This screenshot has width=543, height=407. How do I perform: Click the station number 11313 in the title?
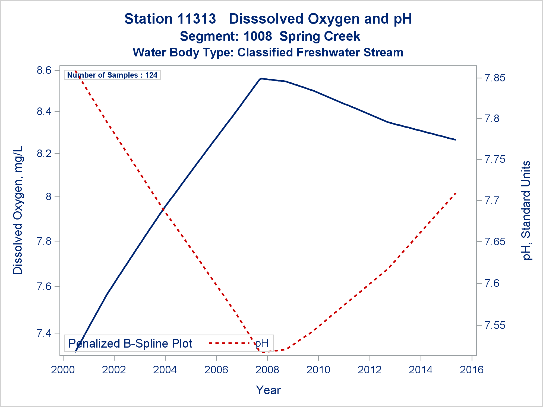pos(197,19)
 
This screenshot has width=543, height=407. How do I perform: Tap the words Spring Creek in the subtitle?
pos(320,36)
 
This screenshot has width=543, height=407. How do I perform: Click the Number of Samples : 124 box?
pos(112,75)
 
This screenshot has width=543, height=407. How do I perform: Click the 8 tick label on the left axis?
pos(49,197)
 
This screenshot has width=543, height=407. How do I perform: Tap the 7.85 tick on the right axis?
pos(495,78)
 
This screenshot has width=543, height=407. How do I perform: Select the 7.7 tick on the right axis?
pos(492,201)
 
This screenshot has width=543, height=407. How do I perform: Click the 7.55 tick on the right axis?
pos(495,325)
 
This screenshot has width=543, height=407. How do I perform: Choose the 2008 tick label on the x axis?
pos(267,370)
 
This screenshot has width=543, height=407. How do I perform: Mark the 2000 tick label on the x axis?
pos(63,370)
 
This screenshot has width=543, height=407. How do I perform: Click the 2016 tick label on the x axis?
pos(472,370)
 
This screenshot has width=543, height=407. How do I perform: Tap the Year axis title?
pos(268,390)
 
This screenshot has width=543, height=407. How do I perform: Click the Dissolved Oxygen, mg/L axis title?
pos(18,210)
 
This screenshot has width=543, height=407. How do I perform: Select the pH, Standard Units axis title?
pos(526,210)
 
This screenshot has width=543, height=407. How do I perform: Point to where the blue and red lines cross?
pos(163,209)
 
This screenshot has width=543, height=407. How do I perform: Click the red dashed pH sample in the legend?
pos(229,343)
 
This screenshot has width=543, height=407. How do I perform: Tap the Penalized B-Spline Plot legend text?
pos(130,344)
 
